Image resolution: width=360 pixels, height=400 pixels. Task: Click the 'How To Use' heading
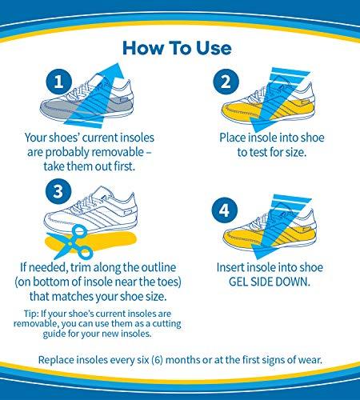click(x=178, y=46)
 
